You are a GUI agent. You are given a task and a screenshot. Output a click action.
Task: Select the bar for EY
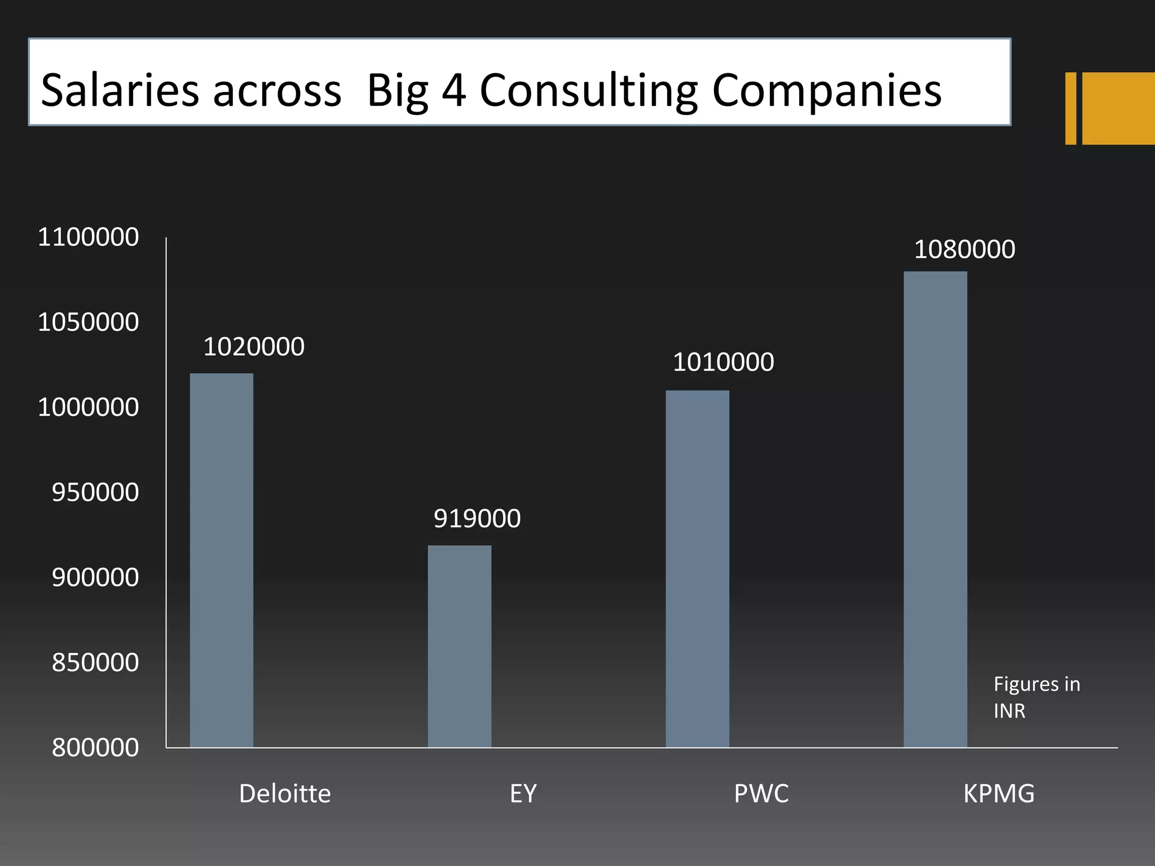459,646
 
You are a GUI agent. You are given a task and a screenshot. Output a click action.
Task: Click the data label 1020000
254,347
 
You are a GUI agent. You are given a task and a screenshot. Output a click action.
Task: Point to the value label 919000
477,519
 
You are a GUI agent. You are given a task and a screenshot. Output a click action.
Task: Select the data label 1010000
723,362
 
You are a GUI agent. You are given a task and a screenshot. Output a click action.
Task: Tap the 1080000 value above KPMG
964,250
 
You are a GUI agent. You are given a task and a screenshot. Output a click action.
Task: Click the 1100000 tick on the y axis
89,237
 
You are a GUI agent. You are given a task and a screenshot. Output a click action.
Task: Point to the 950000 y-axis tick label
95,493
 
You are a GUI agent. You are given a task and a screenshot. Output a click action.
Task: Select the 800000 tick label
95,748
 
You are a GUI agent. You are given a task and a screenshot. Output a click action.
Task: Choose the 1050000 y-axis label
89,322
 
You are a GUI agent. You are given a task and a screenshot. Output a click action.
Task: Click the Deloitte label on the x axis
285,794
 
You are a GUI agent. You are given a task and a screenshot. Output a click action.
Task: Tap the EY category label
523,794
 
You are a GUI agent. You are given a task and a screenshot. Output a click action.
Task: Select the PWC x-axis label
761,794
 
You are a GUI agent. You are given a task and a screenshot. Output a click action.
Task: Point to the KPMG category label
999,794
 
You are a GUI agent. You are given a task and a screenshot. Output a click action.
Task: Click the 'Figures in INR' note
1037,697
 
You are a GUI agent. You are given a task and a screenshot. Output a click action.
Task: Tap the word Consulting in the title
589,90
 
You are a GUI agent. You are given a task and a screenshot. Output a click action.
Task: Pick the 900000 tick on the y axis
95,578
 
